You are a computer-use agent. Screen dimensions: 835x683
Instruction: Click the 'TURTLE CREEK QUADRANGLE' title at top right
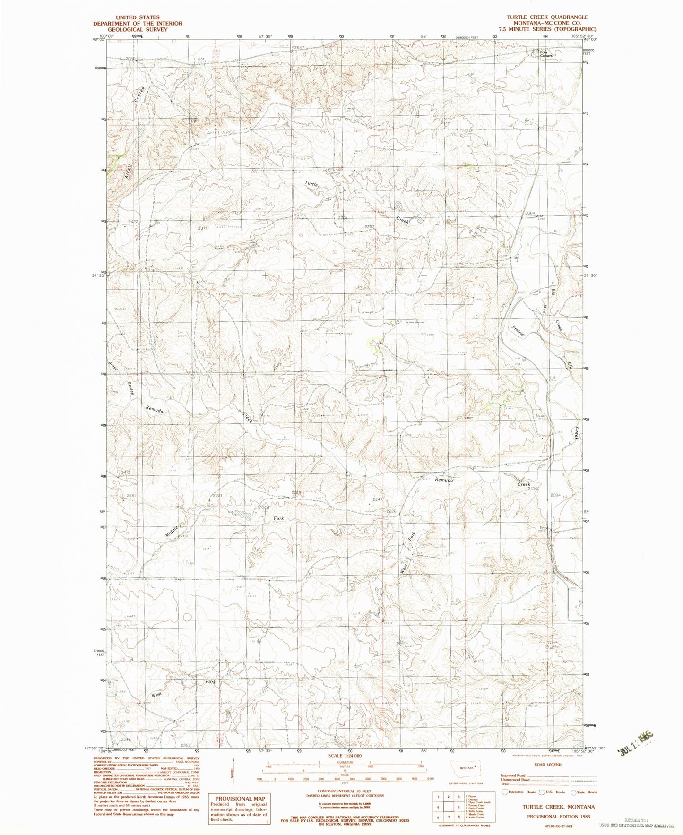547,17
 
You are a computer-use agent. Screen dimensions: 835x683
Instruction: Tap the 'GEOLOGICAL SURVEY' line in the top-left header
138,29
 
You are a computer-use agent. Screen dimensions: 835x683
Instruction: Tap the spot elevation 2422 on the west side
121,221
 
